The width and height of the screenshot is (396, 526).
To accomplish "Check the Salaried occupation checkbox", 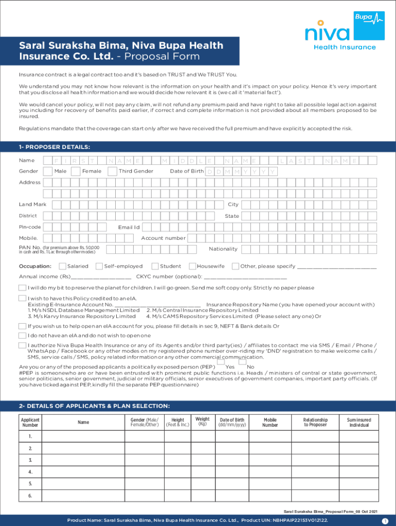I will tap(62, 266).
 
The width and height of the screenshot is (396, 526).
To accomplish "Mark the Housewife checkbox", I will tap(192, 266).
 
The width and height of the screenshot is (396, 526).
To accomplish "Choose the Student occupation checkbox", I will tap(155, 266).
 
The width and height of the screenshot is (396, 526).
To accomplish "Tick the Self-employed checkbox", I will tap(99, 266).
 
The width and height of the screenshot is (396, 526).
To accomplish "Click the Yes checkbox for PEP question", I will tap(221, 362).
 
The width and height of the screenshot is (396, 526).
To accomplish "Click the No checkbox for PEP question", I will tap(242, 362).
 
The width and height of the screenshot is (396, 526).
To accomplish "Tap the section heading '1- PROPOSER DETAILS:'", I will tap(55, 147).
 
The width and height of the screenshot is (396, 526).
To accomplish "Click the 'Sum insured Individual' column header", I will tap(359, 422).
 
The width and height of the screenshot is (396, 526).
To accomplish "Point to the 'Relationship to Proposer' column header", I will tap(315, 422).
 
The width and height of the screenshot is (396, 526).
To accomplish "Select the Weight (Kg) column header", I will tap(202, 421).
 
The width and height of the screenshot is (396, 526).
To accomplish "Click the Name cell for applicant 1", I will tap(83, 437).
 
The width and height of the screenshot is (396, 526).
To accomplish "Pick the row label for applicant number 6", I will tap(30, 496).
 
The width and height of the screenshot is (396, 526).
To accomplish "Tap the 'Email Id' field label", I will tap(129, 227).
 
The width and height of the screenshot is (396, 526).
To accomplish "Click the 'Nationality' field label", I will tap(223, 249).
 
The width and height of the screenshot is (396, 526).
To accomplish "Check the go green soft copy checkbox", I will tap(23, 288).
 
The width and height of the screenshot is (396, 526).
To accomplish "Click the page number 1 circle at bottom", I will tap(384, 521).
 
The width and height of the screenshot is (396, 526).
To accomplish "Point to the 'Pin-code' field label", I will tap(30, 227).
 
